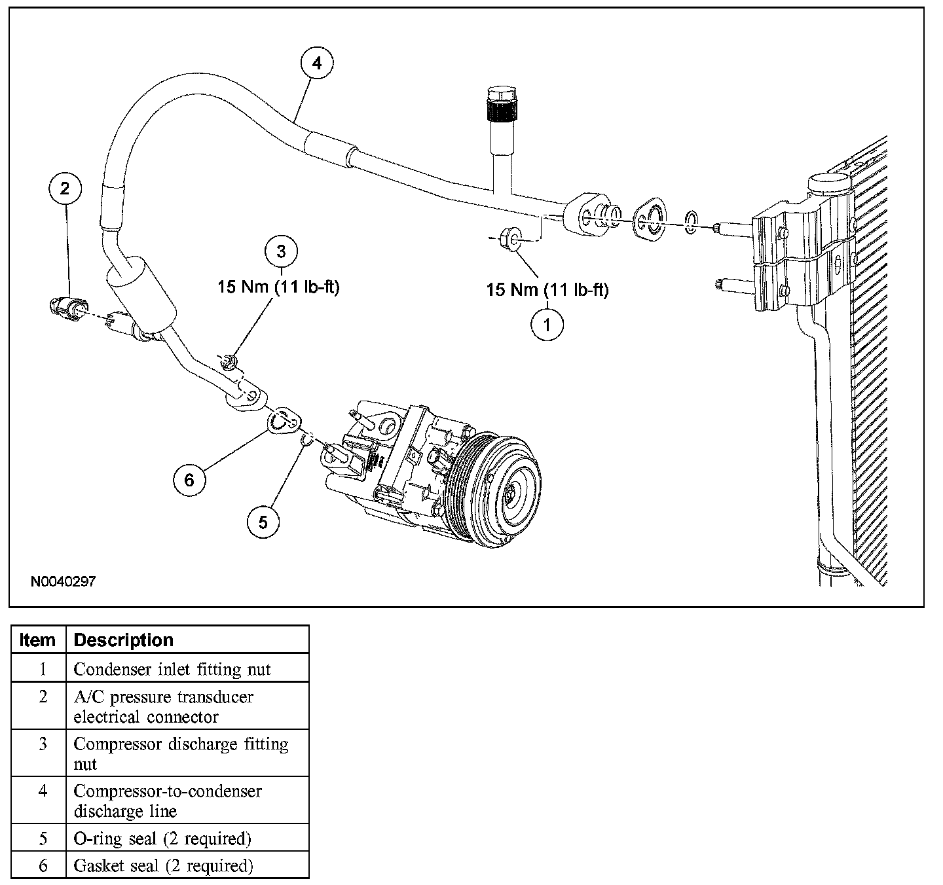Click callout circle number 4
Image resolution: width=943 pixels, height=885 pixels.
point(316,64)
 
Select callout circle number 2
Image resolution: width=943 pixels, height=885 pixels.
point(64,189)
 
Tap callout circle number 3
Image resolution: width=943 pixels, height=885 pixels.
point(282,252)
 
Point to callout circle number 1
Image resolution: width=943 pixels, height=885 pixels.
point(547,323)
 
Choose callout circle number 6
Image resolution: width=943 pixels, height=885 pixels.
point(189,480)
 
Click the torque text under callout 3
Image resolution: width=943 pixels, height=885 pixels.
point(278,287)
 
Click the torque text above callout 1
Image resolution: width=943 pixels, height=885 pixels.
point(547,290)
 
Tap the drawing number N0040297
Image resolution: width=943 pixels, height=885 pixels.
point(63,581)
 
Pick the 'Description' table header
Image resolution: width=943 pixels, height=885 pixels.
point(124,640)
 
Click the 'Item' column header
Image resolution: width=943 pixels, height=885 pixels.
point(38,640)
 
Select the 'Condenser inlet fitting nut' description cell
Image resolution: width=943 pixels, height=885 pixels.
point(172,669)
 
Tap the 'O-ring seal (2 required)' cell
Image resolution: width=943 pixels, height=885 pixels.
point(162,839)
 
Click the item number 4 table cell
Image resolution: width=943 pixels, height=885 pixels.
point(43,791)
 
